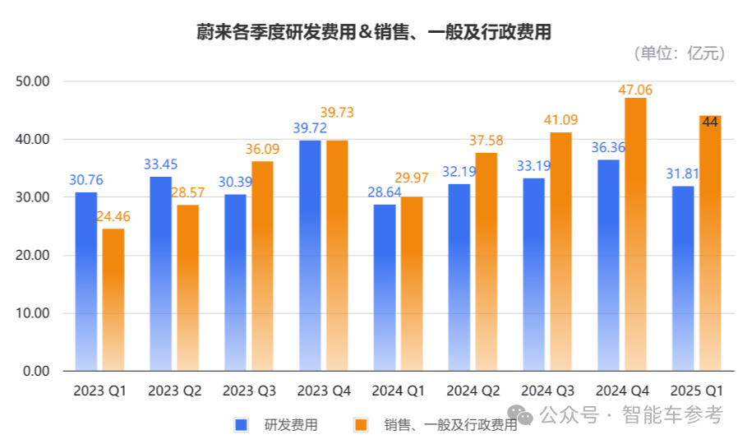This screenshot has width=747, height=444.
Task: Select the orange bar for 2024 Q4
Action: click(635, 234)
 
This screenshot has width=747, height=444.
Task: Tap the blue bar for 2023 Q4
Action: click(310, 256)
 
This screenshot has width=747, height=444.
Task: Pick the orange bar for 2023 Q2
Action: click(187, 288)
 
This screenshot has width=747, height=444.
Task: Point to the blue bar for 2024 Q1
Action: click(385, 288)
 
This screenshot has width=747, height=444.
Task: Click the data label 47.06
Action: click(635, 89)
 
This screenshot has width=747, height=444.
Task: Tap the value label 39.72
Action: click(311, 129)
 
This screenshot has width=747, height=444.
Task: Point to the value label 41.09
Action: click(560, 121)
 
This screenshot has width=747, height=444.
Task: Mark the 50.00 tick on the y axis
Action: click(34, 81)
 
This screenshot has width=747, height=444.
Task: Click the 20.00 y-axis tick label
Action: click(34, 256)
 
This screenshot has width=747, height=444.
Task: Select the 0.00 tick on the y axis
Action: click(37, 372)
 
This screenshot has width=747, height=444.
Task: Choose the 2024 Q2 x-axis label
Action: click(473, 391)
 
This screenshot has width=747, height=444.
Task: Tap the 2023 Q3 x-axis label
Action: click(249, 391)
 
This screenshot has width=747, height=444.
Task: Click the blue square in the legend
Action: click(242, 424)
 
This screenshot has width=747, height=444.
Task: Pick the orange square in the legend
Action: click(360, 424)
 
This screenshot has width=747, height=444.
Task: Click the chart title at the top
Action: click(373, 32)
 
